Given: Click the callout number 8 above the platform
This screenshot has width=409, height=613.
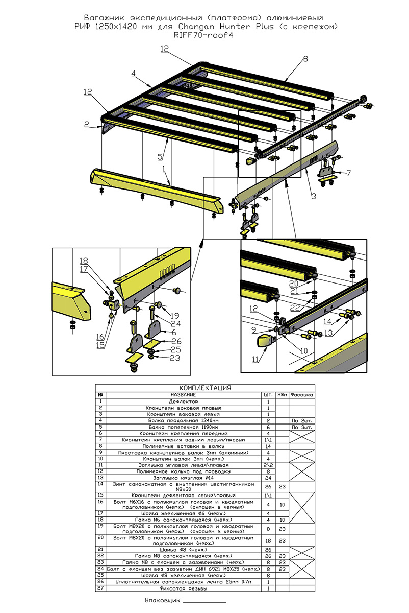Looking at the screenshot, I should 305,59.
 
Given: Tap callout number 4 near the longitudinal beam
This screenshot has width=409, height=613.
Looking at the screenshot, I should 133,74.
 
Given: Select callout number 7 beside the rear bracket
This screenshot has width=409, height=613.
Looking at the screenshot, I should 349,173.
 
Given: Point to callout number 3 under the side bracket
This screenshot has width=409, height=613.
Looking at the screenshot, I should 314,196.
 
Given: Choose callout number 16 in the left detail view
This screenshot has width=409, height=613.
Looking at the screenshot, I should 100,337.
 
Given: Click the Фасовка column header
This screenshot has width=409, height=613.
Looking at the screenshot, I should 301,395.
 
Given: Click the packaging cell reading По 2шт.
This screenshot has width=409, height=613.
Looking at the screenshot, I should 301,420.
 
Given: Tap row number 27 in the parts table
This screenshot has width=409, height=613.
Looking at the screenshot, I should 100,588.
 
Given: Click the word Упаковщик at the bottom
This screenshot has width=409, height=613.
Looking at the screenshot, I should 161,601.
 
